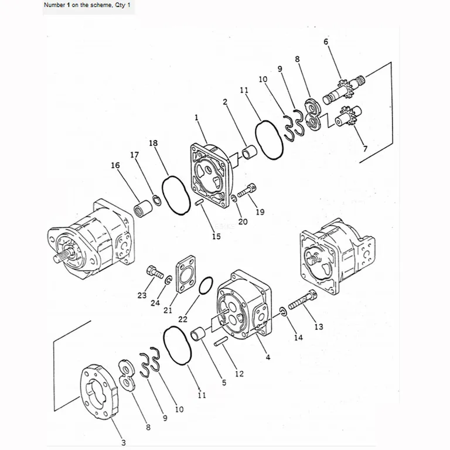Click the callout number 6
(326, 42)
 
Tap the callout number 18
(154, 143)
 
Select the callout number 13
(319, 326)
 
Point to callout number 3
(124, 442)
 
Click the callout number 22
(183, 319)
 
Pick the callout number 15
(216, 236)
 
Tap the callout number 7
(365, 149)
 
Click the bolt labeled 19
(247, 190)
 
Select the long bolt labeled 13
(302, 299)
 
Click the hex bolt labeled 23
(155, 272)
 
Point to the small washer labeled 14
(282, 312)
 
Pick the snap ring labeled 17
(156, 200)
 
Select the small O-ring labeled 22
(206, 285)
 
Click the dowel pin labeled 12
(221, 341)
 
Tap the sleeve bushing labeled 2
(248, 152)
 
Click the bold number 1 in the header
(69, 5)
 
